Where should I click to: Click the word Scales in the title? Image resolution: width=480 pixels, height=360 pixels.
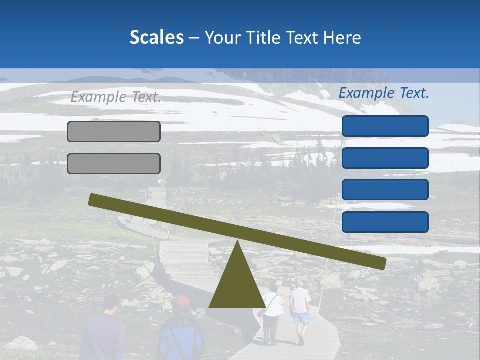point(156,38)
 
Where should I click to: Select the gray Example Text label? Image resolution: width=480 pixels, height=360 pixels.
point(116,97)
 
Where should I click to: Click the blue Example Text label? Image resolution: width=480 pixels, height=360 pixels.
point(384,93)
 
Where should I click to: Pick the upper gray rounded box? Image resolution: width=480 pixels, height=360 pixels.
point(114,131)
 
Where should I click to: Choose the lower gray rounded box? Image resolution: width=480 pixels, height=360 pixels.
point(114,163)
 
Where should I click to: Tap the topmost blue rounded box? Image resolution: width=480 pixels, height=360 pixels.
point(385,126)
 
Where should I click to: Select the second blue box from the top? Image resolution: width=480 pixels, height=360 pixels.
point(385,158)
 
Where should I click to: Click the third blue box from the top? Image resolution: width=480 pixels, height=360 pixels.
point(385,190)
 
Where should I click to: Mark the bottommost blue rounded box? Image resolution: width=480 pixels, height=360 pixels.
point(385,222)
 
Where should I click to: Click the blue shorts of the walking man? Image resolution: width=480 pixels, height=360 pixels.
point(301,318)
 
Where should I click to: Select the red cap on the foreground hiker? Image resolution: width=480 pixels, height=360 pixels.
point(183,301)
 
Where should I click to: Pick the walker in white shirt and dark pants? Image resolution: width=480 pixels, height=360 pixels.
point(271,315)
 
